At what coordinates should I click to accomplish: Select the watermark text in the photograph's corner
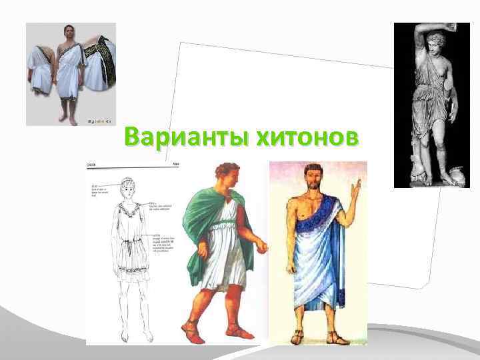tap(99, 121)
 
